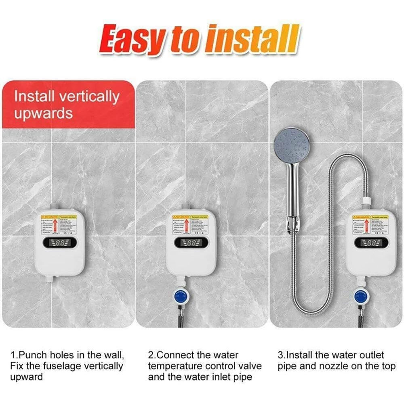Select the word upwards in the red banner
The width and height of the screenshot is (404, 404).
(x=43, y=114)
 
